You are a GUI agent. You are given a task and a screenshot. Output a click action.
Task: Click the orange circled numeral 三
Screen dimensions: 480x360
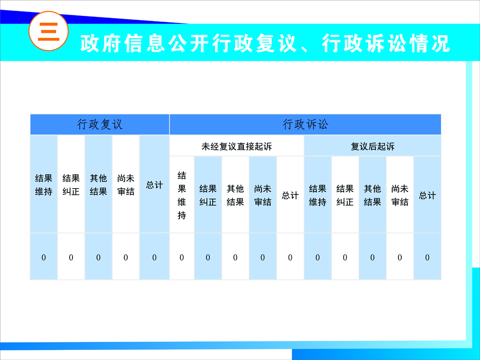[48, 31]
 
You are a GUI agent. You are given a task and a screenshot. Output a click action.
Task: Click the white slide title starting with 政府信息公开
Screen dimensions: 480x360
[265, 43]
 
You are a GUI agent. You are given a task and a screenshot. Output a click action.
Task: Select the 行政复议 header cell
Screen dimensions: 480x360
[100, 125]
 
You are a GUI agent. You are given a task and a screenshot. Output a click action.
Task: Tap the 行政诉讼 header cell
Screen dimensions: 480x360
[305, 125]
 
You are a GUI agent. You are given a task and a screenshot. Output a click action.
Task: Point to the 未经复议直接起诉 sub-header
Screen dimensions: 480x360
[237, 146]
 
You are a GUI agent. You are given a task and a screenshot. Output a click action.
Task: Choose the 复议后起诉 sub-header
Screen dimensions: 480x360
[372, 146]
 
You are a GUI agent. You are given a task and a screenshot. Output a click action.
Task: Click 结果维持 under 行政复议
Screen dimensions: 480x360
[44, 185]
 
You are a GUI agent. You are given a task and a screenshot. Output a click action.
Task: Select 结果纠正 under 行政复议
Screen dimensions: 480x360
[71, 185]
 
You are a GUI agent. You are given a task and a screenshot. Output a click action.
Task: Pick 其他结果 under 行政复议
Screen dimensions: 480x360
[98, 185]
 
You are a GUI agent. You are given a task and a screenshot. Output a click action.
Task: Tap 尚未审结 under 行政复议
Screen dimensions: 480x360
[126, 185]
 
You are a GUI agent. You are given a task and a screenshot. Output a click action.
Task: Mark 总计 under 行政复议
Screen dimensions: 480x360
[154, 185]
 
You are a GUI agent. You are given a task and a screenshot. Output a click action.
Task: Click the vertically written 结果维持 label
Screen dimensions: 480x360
[182, 195]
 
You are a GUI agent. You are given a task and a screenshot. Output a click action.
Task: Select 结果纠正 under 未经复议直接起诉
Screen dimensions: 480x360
[208, 195]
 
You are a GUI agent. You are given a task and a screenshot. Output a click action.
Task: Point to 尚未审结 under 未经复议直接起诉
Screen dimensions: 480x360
[263, 195]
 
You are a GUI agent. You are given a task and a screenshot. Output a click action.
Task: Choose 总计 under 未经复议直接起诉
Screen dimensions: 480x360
[290, 195]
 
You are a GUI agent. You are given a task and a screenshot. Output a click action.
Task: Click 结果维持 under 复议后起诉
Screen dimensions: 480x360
[317, 195]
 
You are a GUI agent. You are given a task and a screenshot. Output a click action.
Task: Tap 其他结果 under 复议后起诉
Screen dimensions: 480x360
[372, 195]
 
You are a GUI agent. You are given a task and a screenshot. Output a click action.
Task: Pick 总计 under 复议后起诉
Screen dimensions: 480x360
[427, 195]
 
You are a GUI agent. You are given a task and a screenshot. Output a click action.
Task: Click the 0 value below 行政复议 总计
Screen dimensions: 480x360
[154, 257]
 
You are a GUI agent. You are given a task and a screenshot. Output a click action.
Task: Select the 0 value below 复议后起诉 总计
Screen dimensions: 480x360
[427, 257]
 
